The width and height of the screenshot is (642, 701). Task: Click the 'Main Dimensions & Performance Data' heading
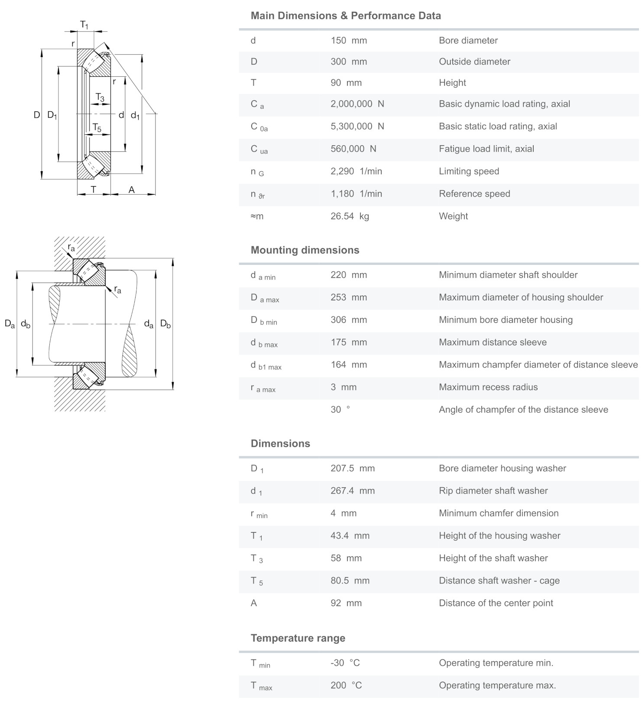[x=346, y=16]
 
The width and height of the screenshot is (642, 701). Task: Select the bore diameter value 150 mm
[x=349, y=41]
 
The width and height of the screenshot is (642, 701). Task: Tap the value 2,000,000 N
[x=357, y=104]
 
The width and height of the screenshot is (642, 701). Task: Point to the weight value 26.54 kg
[x=350, y=216]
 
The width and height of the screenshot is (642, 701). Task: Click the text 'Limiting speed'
[x=469, y=171]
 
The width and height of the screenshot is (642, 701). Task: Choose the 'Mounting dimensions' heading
[x=305, y=250]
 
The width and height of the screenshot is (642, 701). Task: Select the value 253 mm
[x=349, y=297]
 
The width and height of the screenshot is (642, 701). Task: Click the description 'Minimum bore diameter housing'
[x=506, y=320]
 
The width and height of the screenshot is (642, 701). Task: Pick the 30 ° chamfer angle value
[x=340, y=410]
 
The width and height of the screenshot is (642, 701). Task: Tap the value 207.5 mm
[x=353, y=469]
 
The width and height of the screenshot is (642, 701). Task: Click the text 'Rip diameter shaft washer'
[x=493, y=491]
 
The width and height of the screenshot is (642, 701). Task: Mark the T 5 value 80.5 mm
[x=350, y=581]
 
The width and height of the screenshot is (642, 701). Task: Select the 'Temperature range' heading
[x=298, y=638]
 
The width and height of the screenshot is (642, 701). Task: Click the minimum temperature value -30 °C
[x=345, y=663]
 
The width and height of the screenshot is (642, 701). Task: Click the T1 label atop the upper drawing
[x=84, y=25]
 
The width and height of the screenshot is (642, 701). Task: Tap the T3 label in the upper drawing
[x=100, y=98]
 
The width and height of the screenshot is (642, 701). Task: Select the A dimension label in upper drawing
[x=132, y=190]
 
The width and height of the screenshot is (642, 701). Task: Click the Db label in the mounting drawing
[x=165, y=324]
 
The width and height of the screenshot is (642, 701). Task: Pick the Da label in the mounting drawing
[x=10, y=324]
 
